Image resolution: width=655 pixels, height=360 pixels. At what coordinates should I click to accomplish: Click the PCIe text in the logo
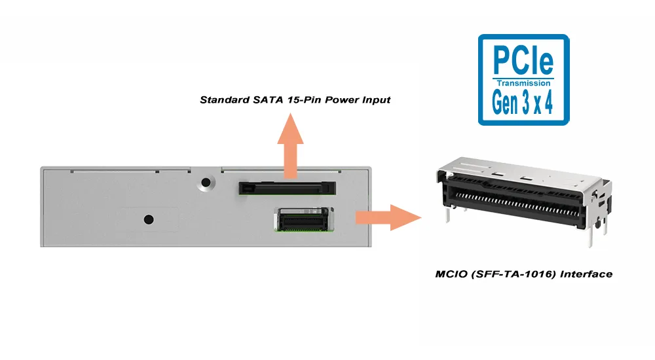click(x=523, y=60)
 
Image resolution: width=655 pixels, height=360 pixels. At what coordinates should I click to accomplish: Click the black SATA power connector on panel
click(x=286, y=188)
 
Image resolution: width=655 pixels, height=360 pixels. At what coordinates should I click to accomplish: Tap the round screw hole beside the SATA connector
click(x=207, y=183)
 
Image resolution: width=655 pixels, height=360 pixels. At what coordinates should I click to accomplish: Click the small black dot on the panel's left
click(x=149, y=219)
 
